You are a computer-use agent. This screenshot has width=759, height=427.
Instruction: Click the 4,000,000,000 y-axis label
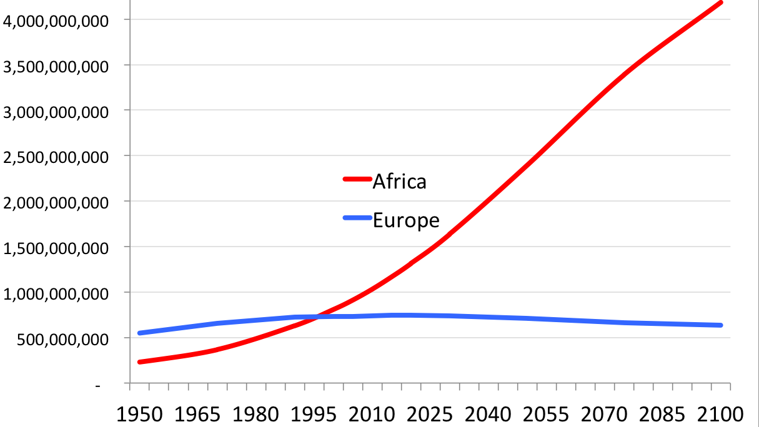pos(56,21)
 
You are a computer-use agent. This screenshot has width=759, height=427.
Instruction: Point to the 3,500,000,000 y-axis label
pos(56,67)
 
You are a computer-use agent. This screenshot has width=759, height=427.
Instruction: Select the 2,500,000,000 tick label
pos(56,157)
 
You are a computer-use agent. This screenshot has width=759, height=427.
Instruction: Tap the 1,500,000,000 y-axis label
pos(56,248)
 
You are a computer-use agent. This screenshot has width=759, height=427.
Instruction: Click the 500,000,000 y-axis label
pos(63,340)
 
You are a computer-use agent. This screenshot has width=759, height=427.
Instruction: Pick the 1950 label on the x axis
pos(139,415)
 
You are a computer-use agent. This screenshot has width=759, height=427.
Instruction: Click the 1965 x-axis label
pos(197,415)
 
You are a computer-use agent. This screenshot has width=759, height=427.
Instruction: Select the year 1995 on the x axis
pos(314,415)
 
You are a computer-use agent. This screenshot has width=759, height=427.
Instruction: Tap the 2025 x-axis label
pos(430,415)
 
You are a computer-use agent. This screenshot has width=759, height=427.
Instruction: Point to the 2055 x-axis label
pos(546,415)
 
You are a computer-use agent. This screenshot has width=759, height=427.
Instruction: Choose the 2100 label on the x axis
pos(720,415)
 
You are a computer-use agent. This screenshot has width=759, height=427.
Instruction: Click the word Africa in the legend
pos(400,182)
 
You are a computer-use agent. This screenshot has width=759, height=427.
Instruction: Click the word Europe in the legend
pos(406,221)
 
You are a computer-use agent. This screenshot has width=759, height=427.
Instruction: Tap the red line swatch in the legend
pos(357,179)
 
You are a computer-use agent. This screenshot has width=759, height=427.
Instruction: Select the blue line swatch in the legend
pos(357,218)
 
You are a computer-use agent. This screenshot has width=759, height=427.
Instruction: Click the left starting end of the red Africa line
pos(139,362)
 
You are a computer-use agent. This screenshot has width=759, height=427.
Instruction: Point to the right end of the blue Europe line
pos(721,325)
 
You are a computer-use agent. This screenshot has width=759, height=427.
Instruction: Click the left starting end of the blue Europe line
pos(139,333)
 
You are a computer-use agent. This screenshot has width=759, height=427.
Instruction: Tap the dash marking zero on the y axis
pos(98,386)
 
